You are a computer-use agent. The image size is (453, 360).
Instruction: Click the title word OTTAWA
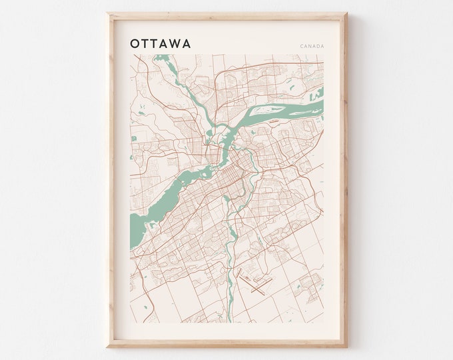point(161,43)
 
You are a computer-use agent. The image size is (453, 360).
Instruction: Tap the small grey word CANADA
point(312,46)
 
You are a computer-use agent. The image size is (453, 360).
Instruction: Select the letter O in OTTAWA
point(136,43)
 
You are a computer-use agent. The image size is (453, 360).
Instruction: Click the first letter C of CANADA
point(302,46)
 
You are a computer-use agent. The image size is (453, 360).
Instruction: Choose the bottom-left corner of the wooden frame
point(108,346)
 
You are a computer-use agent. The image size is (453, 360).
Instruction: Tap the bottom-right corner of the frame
point(346,346)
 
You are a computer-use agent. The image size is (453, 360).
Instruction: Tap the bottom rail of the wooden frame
point(227,345)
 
